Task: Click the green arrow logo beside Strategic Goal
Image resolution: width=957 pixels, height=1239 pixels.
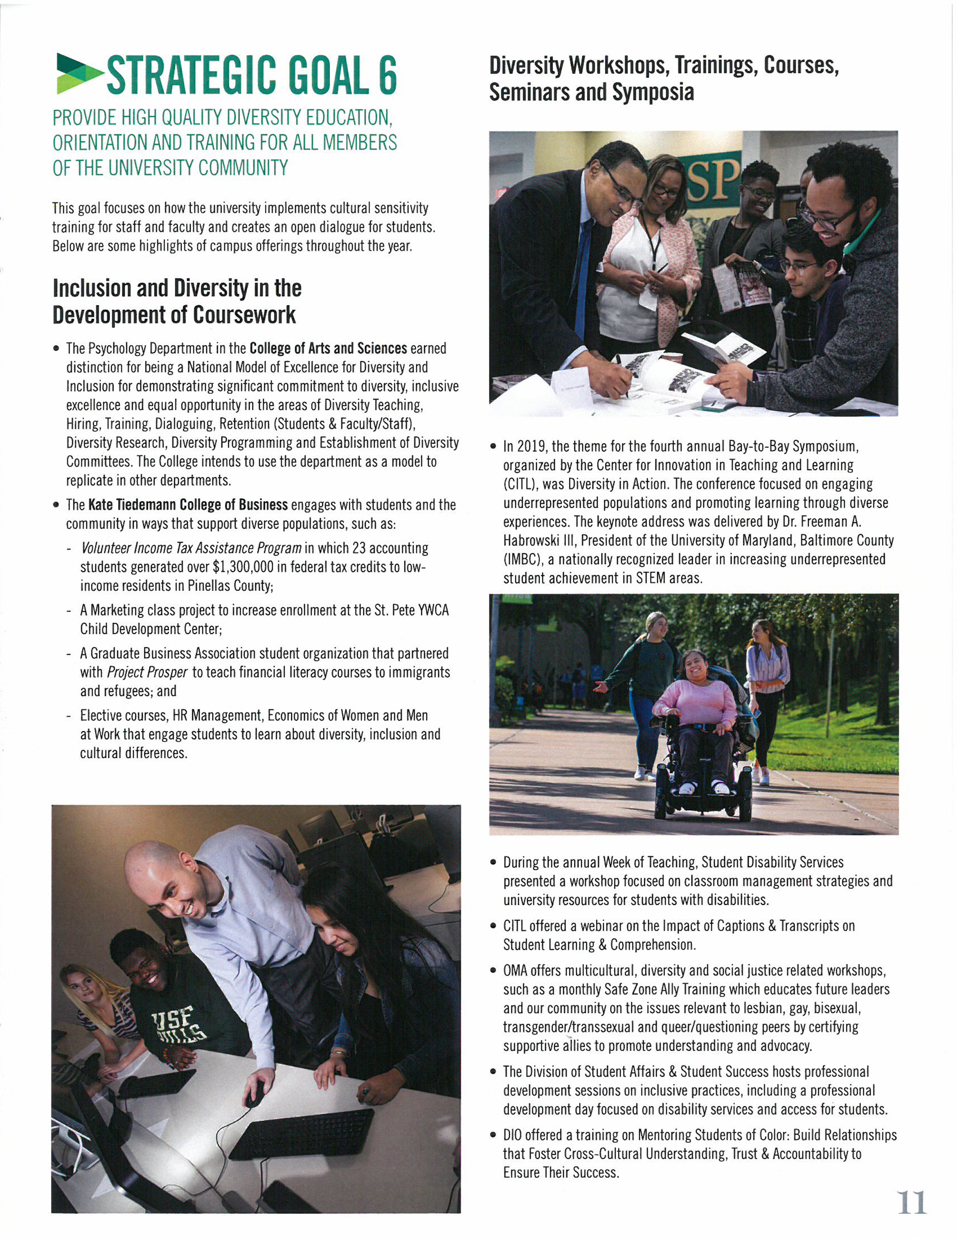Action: point(79,73)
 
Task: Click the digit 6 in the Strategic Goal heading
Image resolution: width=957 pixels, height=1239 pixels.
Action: point(387,75)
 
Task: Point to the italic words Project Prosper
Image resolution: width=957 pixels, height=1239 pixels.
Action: point(147,672)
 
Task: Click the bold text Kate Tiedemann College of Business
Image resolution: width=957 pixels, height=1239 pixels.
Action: point(188,505)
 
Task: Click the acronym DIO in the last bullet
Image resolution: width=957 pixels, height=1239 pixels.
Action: point(513,1135)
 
